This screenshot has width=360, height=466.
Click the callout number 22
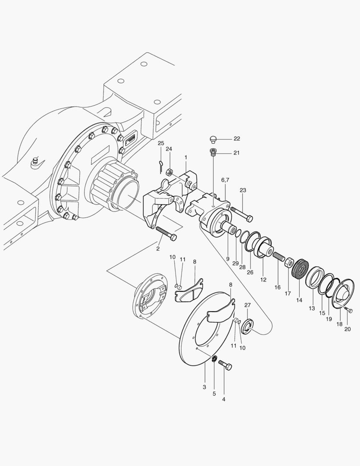(237, 139)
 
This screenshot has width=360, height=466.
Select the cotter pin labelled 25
(160, 165)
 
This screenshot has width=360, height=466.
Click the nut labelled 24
(170, 171)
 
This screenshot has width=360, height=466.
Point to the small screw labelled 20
(347, 309)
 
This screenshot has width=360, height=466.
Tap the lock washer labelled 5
(214, 359)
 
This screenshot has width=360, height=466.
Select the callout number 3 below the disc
(204, 387)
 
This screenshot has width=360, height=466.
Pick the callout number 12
(263, 280)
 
